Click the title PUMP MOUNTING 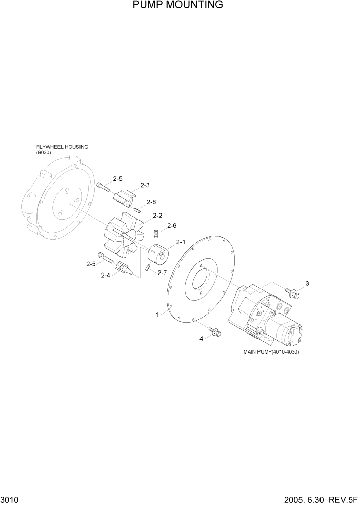point(177,5)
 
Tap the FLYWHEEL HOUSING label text point(62,147)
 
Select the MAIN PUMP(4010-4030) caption point(271,352)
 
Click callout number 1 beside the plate point(157,315)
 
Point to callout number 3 point(307,283)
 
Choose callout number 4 point(202,338)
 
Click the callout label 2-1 point(181,242)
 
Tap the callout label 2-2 point(157,216)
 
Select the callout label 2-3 point(145,185)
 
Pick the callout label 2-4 point(105,276)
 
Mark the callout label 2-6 point(172,226)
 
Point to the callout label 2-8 point(151,202)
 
